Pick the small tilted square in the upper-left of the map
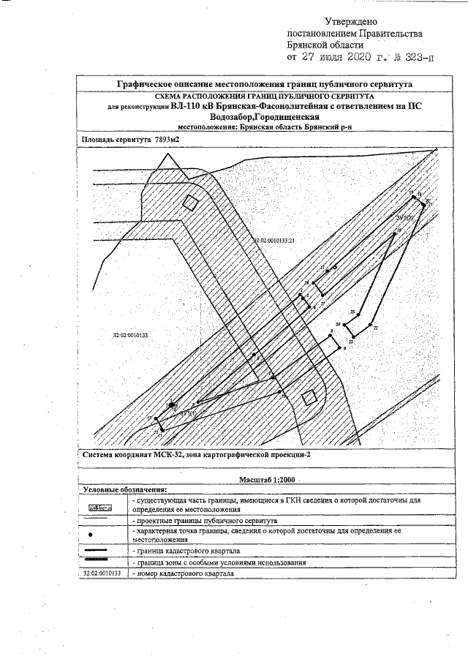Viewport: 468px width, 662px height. coord(190,203)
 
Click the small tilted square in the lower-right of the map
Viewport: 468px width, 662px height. coord(310,397)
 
